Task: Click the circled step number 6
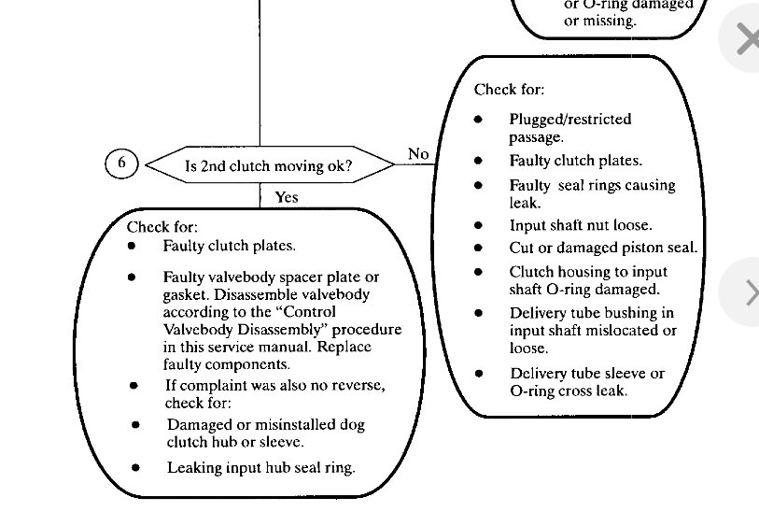121,164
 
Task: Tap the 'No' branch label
418,153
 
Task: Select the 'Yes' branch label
287,197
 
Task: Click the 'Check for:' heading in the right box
509,90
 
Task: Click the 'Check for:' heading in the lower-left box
162,227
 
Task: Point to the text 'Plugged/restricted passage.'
569,128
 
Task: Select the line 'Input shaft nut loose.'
580,225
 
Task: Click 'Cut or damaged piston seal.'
603,248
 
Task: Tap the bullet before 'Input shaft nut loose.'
479,225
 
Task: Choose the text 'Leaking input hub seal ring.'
260,467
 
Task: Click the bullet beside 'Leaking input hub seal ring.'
135,467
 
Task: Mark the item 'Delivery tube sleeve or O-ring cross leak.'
586,382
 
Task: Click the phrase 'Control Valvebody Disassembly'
280,320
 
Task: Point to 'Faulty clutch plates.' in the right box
575,161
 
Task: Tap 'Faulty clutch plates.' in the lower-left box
229,247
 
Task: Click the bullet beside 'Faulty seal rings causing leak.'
479,185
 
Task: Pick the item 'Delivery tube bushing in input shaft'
591,321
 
